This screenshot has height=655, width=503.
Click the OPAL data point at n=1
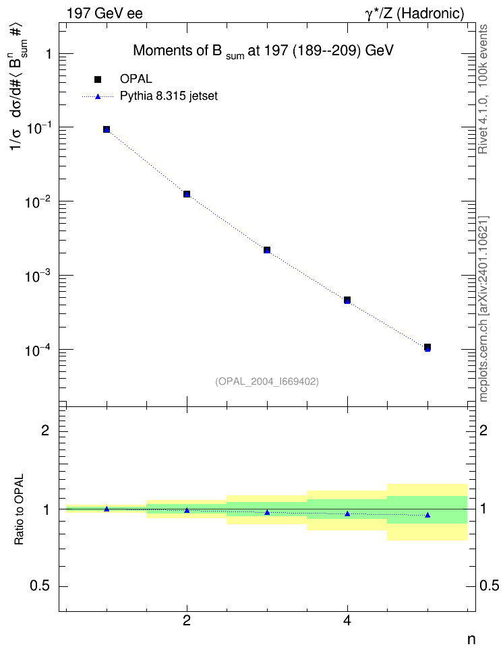tap(107, 129)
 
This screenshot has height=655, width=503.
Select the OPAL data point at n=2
tap(187, 194)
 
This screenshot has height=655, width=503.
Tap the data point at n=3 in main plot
tap(267, 250)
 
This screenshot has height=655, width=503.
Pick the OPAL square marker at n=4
tap(347, 300)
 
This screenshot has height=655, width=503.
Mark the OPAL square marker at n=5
tap(427, 347)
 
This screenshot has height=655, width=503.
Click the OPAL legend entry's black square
tap(98, 80)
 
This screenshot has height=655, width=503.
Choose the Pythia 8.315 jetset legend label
tap(169, 96)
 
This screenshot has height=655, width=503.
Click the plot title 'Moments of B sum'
tap(189, 51)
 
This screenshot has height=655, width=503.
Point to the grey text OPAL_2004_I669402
tap(267, 381)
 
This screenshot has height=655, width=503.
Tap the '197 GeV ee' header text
tap(105, 13)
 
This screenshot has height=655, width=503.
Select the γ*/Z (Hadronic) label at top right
tap(415, 13)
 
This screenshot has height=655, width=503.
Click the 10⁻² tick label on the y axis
tap(38, 201)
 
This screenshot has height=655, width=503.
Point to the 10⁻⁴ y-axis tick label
tap(38, 350)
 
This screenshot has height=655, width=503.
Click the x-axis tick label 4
tap(347, 621)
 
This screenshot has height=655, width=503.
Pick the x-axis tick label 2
tap(187, 621)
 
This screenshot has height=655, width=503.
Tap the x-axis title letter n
tap(471, 640)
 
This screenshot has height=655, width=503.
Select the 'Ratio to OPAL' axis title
tap(19, 509)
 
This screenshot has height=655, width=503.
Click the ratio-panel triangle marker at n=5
tap(427, 515)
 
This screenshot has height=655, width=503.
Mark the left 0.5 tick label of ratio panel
tap(40, 586)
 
